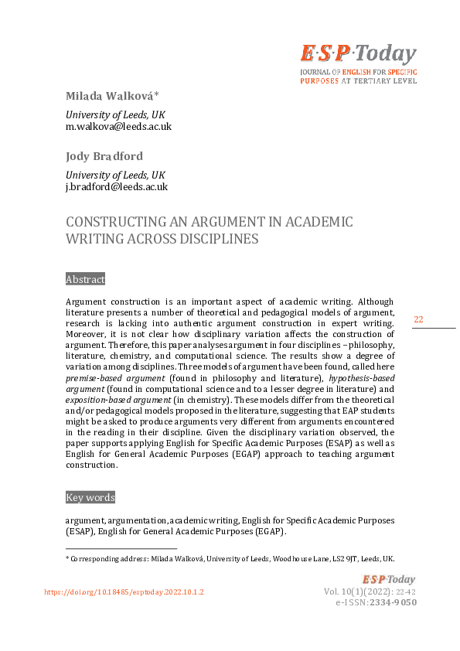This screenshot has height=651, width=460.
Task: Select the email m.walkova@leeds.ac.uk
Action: point(118,126)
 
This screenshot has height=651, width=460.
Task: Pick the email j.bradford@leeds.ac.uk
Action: point(116,186)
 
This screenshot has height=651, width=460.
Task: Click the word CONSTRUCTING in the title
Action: point(113,222)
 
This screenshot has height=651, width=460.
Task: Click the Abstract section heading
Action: point(85,279)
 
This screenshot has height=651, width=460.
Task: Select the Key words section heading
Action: point(90,497)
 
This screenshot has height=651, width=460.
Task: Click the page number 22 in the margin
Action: point(418,319)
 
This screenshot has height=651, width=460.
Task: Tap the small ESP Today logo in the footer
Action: point(389,579)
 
